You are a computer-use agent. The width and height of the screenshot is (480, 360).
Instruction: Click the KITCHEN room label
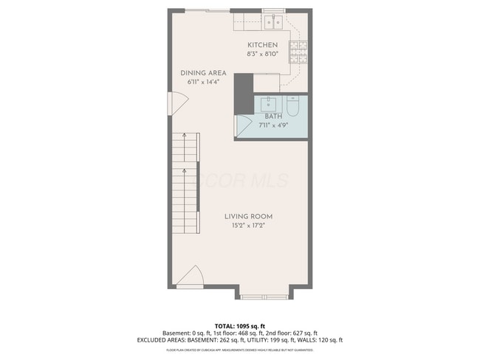coord(262,45)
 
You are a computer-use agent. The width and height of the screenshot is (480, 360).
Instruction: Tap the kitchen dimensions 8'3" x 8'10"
coord(262,53)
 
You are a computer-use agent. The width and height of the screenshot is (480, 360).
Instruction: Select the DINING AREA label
coord(203,73)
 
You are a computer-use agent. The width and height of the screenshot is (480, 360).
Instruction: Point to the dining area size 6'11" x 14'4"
coord(203,82)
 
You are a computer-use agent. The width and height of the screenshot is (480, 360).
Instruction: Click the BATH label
coord(273,117)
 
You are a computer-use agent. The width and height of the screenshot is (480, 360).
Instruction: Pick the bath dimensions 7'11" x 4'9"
coord(273,125)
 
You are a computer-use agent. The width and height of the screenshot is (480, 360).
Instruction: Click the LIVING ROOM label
coord(248,216)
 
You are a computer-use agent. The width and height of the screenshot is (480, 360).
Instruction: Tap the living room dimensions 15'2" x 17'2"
coord(248,225)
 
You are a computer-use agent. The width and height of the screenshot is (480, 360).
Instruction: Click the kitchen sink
coord(273,22)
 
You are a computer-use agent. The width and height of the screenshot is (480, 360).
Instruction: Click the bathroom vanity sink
coord(267,104)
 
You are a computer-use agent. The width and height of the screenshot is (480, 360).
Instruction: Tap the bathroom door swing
coord(241,126)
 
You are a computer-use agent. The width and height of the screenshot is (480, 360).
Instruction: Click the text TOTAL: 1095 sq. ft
coord(240,325)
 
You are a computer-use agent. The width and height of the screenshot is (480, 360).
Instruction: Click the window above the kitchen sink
coord(273,11)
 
